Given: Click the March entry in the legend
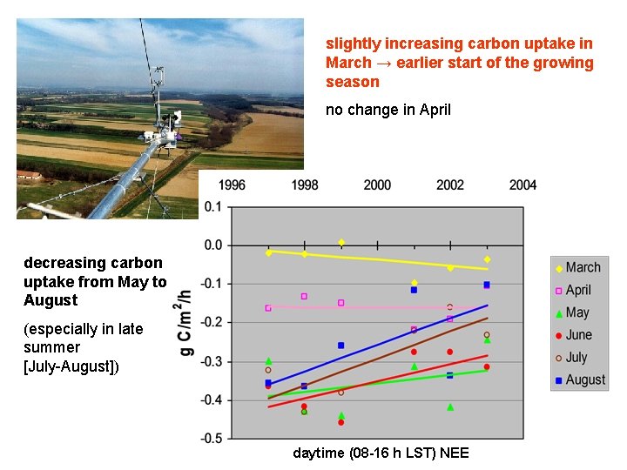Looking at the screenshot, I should (x=578, y=267).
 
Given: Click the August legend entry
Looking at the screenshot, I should (x=578, y=379).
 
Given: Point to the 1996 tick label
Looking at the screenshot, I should (x=231, y=185).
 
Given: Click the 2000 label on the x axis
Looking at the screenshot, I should (x=377, y=185).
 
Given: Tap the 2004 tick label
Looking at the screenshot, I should (x=522, y=185).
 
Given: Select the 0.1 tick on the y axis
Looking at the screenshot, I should (x=212, y=207).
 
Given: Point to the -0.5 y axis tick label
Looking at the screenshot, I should (x=211, y=439).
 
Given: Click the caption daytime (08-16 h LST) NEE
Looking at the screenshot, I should (x=381, y=453).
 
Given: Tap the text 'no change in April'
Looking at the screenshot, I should (x=388, y=110).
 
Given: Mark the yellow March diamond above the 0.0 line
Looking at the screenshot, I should (x=341, y=242).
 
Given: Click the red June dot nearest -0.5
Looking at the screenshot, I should (x=341, y=422).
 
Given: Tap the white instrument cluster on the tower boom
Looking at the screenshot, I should (x=160, y=135).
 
